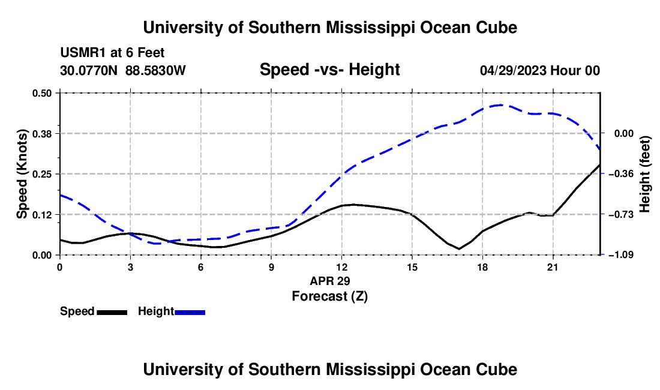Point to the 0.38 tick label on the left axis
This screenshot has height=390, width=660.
[x=41, y=134]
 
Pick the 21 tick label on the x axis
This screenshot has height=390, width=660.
[x=553, y=267]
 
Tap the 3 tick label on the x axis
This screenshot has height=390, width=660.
[x=130, y=267]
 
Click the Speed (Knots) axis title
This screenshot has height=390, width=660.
[x=22, y=174]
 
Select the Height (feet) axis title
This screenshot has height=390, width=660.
[x=645, y=174]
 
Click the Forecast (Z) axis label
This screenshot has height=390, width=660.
[x=330, y=296]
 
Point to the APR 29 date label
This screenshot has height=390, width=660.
[x=330, y=281]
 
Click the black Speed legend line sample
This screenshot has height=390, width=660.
[x=112, y=312]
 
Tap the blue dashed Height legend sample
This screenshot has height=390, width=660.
[x=190, y=312]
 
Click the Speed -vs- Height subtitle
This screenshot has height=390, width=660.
[x=330, y=70]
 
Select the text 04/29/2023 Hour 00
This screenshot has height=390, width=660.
[x=540, y=70]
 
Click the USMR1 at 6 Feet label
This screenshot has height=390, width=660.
[x=112, y=53]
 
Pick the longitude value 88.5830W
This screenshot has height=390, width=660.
[x=156, y=70]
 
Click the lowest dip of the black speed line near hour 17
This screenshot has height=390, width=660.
[x=459, y=248]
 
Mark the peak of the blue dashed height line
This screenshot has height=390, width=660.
[x=500, y=105]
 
